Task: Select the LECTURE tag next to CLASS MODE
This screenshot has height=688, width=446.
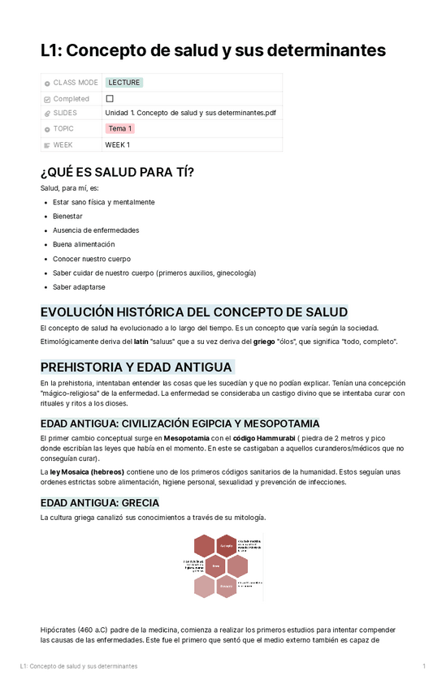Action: pyautogui.click(x=123, y=83)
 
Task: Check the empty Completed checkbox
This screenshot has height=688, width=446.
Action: pyautogui.click(x=110, y=98)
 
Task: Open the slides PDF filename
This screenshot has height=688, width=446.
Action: pyautogui.click(x=190, y=114)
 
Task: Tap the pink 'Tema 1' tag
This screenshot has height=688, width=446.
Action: pyautogui.click(x=120, y=129)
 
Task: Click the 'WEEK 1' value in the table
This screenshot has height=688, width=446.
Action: pyautogui.click(x=118, y=145)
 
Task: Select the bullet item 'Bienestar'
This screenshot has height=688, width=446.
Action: pyautogui.click(x=67, y=217)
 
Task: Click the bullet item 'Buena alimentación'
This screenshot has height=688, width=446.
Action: pyautogui.click(x=84, y=244)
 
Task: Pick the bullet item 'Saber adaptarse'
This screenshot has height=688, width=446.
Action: pyautogui.click(x=79, y=287)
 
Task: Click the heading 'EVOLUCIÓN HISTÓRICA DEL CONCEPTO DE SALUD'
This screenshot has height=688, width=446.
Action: pyautogui.click(x=193, y=312)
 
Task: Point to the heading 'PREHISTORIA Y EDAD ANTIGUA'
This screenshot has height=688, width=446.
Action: pyautogui.click(x=136, y=367)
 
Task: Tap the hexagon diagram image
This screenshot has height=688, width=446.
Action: pyautogui.click(x=222, y=565)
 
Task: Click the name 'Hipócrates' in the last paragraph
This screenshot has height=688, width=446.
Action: pyautogui.click(x=58, y=630)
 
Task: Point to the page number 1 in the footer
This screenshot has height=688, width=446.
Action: pyautogui.click(x=424, y=666)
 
